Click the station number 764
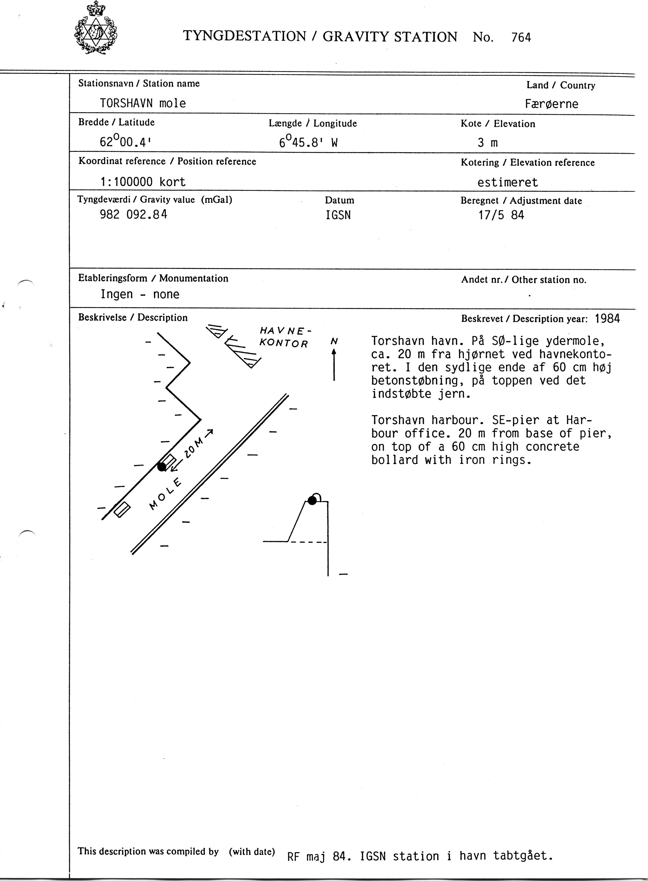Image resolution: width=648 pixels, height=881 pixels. coord(521,38)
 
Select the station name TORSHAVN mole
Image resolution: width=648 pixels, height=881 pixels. coord(143,103)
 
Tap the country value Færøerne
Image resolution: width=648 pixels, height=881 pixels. coord(551,104)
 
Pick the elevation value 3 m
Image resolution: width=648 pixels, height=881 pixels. coord(488,143)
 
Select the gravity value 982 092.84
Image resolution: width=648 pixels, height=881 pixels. coord(133,214)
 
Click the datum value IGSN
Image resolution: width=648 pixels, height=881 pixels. coord(338,215)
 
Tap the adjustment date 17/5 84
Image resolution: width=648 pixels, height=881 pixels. coord(501,215)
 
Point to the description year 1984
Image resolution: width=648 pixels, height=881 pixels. coord(607,318)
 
